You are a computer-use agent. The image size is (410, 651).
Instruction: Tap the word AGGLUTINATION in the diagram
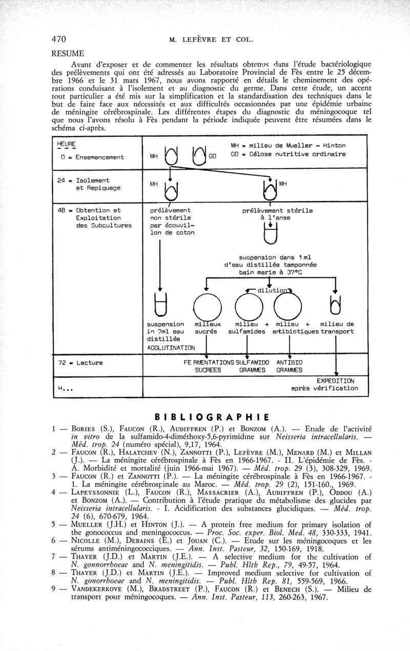(x=171, y=348)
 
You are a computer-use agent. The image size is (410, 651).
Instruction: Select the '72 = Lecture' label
(x=82, y=363)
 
